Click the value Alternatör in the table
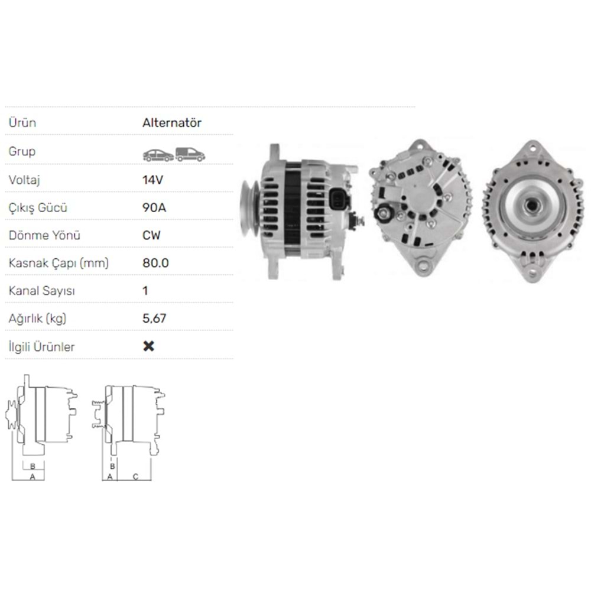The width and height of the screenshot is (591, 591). (x=172, y=123)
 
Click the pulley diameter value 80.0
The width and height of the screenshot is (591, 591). (x=155, y=263)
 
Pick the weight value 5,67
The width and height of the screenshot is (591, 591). (x=154, y=319)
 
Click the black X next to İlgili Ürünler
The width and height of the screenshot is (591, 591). (x=149, y=346)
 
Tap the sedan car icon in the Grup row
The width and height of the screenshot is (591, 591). (x=158, y=155)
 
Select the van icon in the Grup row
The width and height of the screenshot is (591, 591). (x=190, y=154)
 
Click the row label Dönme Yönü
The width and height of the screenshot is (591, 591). (x=44, y=235)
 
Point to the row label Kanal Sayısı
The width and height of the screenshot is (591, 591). (x=41, y=291)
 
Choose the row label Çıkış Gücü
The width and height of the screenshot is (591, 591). (x=37, y=207)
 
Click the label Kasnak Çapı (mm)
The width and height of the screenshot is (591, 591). (x=59, y=263)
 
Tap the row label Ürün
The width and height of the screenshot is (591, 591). (x=22, y=123)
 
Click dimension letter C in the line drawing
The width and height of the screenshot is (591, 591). (x=135, y=476)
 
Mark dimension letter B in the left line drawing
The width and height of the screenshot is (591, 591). (x=33, y=466)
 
